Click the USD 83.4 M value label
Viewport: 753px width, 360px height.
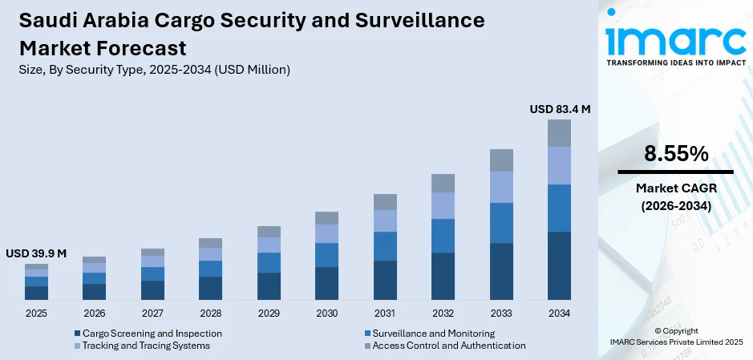(560, 110)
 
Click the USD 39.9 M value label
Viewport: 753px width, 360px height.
(36, 253)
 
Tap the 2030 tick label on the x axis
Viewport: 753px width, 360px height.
(326, 313)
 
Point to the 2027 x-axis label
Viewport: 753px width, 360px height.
(152, 313)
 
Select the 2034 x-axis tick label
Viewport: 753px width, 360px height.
(559, 313)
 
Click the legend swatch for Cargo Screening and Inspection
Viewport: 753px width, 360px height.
(77, 334)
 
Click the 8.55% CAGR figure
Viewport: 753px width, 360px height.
(676, 154)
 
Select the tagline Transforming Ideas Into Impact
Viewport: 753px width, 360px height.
(674, 62)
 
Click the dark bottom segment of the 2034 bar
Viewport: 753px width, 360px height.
(559, 265)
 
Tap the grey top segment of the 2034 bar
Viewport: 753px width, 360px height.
(559, 133)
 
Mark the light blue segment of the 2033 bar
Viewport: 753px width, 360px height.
(501, 187)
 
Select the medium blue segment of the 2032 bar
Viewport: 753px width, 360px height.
(443, 236)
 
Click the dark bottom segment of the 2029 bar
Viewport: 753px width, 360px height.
(269, 286)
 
